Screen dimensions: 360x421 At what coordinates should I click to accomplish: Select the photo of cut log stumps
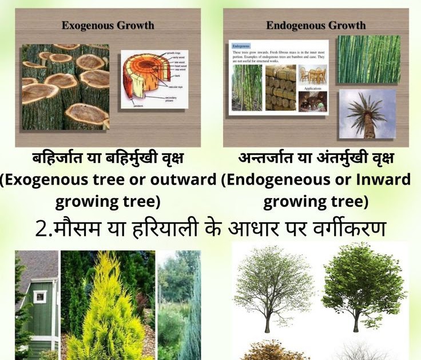[65, 86]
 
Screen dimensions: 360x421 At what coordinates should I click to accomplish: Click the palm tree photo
[367, 114]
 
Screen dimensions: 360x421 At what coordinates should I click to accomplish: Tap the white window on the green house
[39, 297]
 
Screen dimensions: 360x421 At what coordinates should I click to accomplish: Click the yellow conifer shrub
[106, 309]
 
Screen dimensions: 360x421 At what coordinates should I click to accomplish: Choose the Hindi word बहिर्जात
[55, 158]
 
